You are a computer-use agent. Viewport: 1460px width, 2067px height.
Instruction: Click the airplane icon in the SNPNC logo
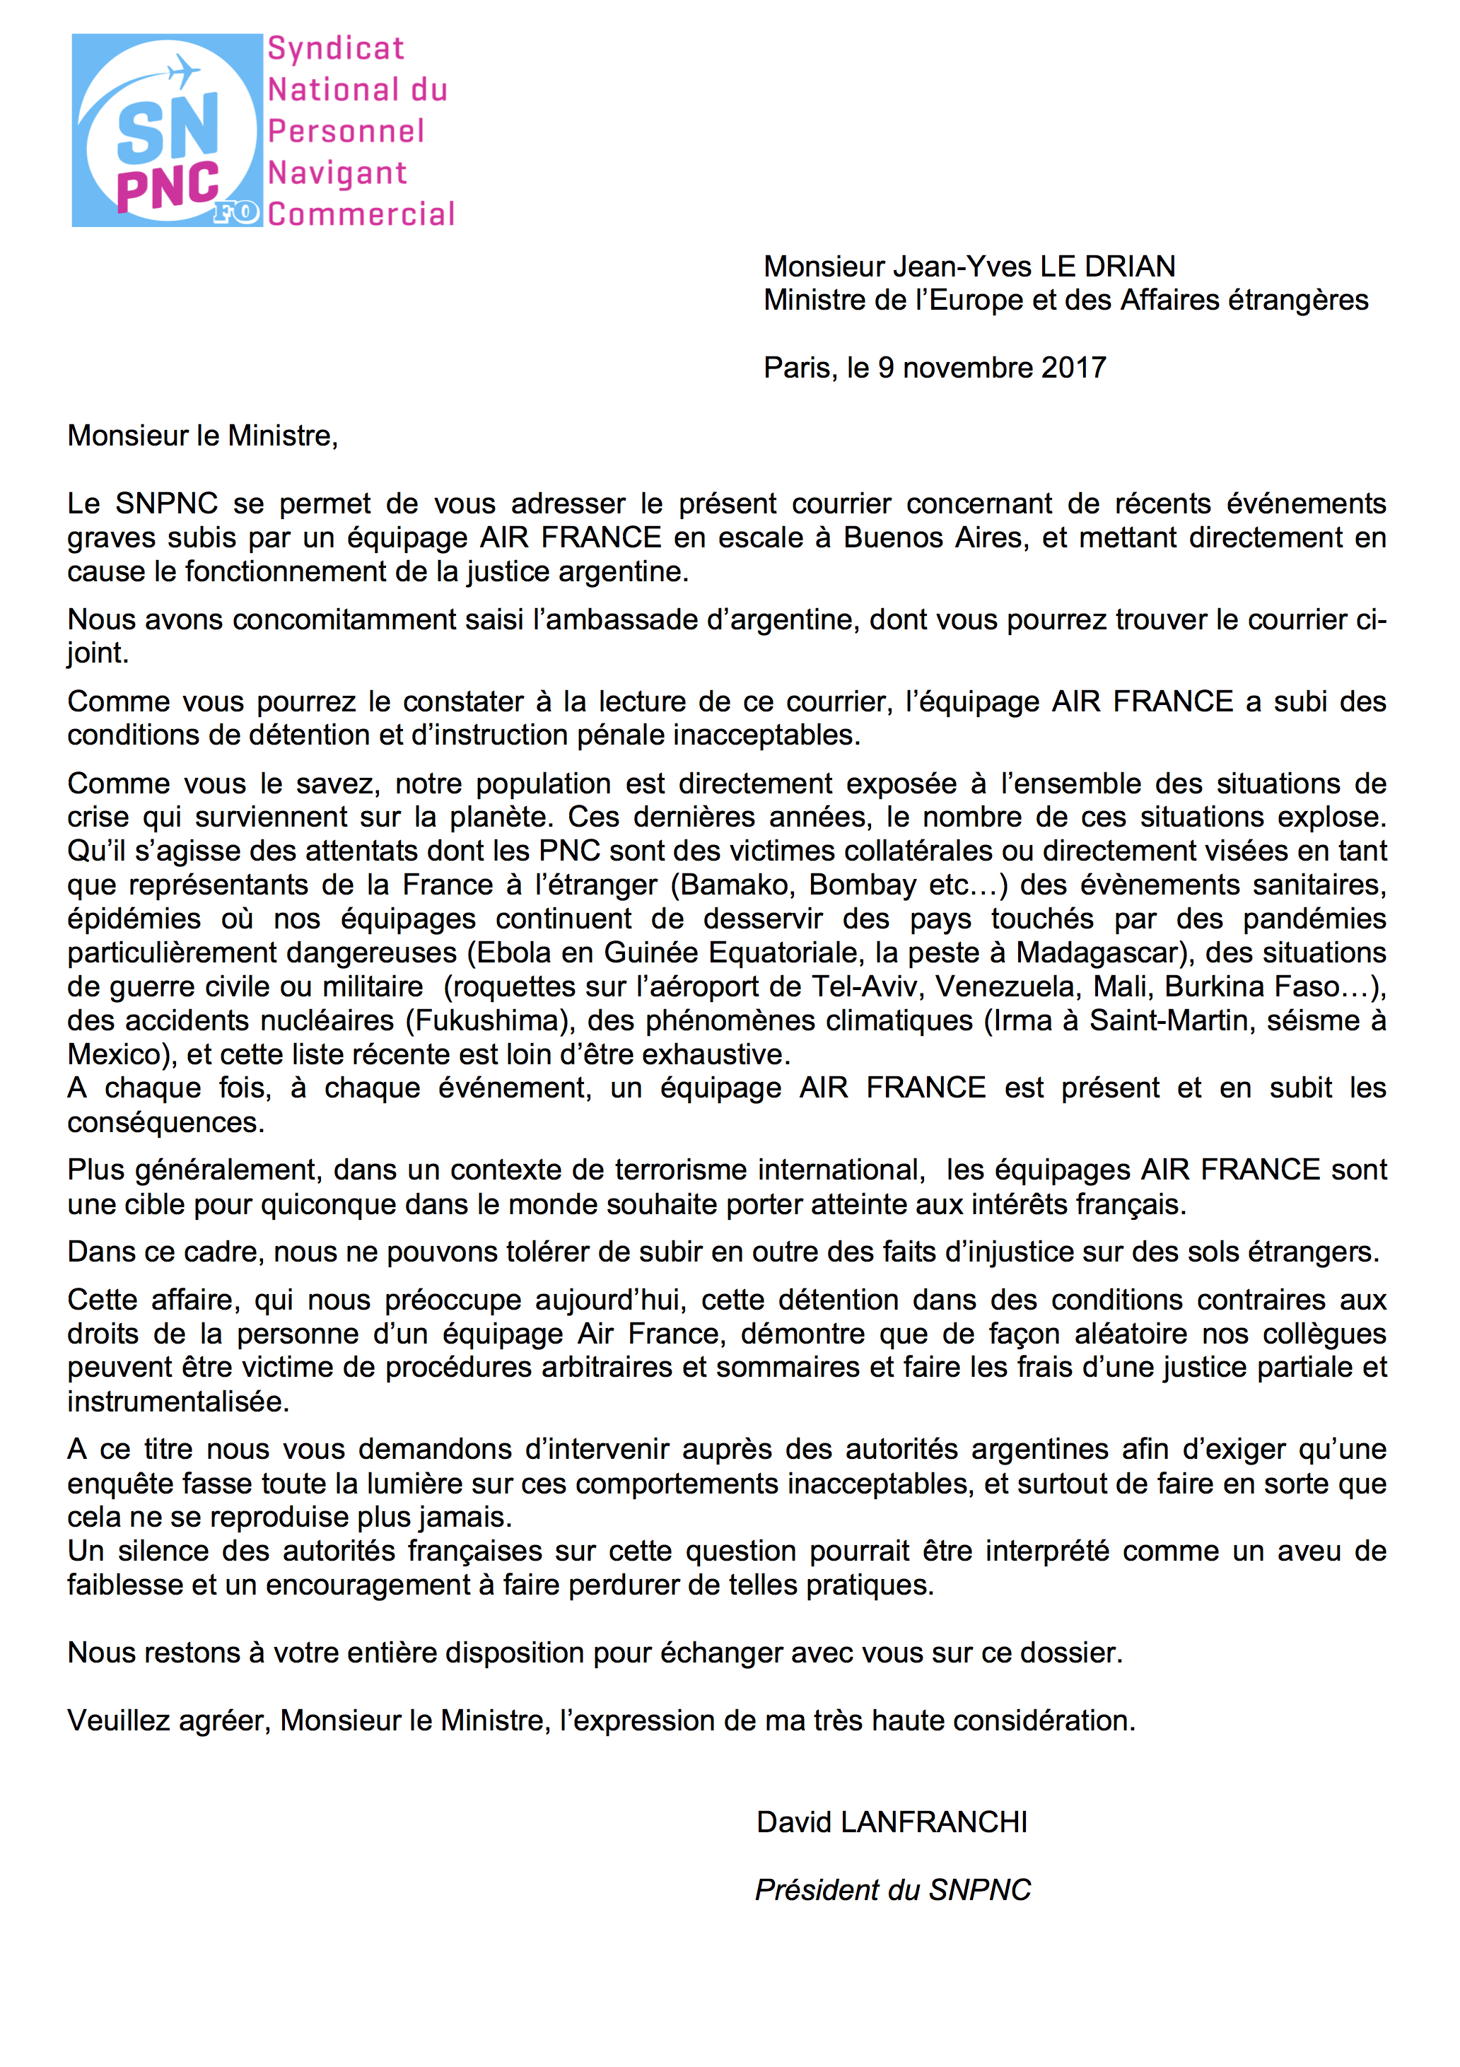coord(185,69)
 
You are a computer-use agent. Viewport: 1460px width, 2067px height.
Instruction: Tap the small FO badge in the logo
coord(237,214)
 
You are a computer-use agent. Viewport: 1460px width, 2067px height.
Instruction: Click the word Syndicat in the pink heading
coord(336,49)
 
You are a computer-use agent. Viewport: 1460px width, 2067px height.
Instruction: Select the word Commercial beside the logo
coord(361,214)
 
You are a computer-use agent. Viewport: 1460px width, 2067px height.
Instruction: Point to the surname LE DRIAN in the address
coord(1107,267)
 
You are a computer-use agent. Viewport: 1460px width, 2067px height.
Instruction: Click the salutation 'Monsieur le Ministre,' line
coord(202,436)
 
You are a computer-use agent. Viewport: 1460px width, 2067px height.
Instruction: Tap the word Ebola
coord(510,953)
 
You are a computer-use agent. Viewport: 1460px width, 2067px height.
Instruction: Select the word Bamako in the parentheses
coord(735,885)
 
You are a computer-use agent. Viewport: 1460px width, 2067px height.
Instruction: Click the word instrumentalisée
coord(177,1402)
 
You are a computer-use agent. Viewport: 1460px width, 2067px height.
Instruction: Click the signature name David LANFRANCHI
coord(891,1822)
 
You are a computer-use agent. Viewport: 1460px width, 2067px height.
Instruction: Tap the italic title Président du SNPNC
coord(892,1890)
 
